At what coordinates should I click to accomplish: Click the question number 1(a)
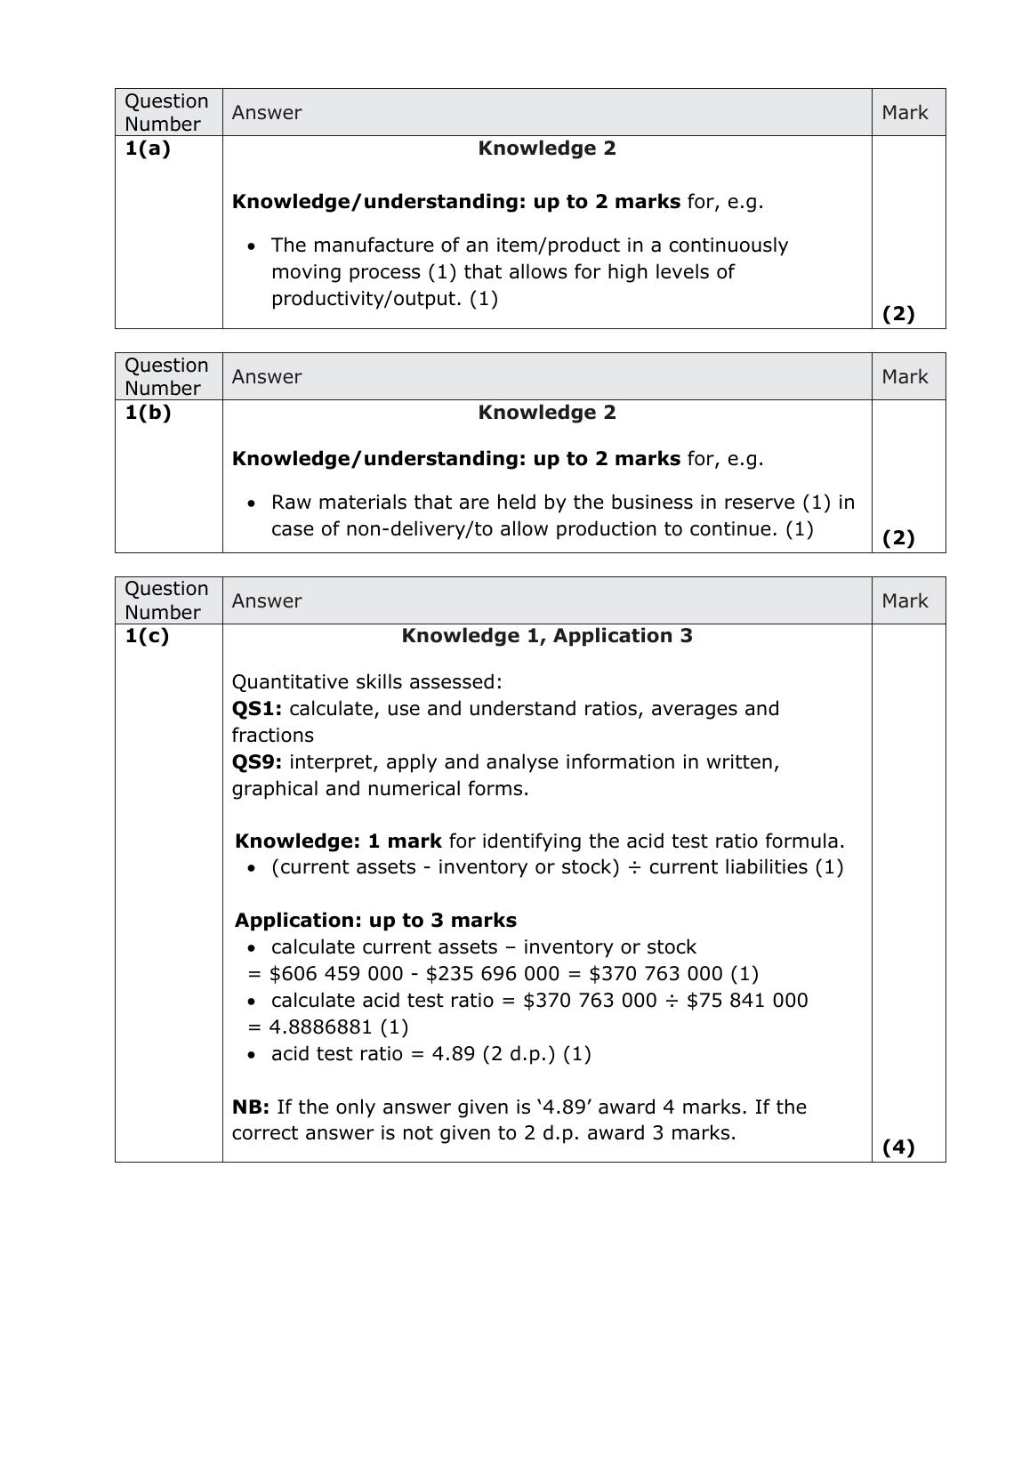[148, 149]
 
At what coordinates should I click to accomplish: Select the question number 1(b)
[148, 413]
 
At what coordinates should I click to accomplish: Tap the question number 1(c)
[147, 636]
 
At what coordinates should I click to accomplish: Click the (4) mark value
[898, 1147]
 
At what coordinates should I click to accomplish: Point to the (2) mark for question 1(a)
[898, 314]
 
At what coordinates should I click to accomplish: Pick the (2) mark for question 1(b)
[898, 538]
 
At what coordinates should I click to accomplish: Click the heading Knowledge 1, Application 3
[547, 636]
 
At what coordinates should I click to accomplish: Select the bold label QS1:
[257, 709]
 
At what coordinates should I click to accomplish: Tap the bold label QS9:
[257, 762]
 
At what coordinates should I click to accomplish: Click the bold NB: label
[251, 1107]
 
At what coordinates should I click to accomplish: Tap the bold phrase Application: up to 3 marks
[375, 921]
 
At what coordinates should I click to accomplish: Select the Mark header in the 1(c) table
[905, 601]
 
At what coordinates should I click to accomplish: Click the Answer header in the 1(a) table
[267, 113]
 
